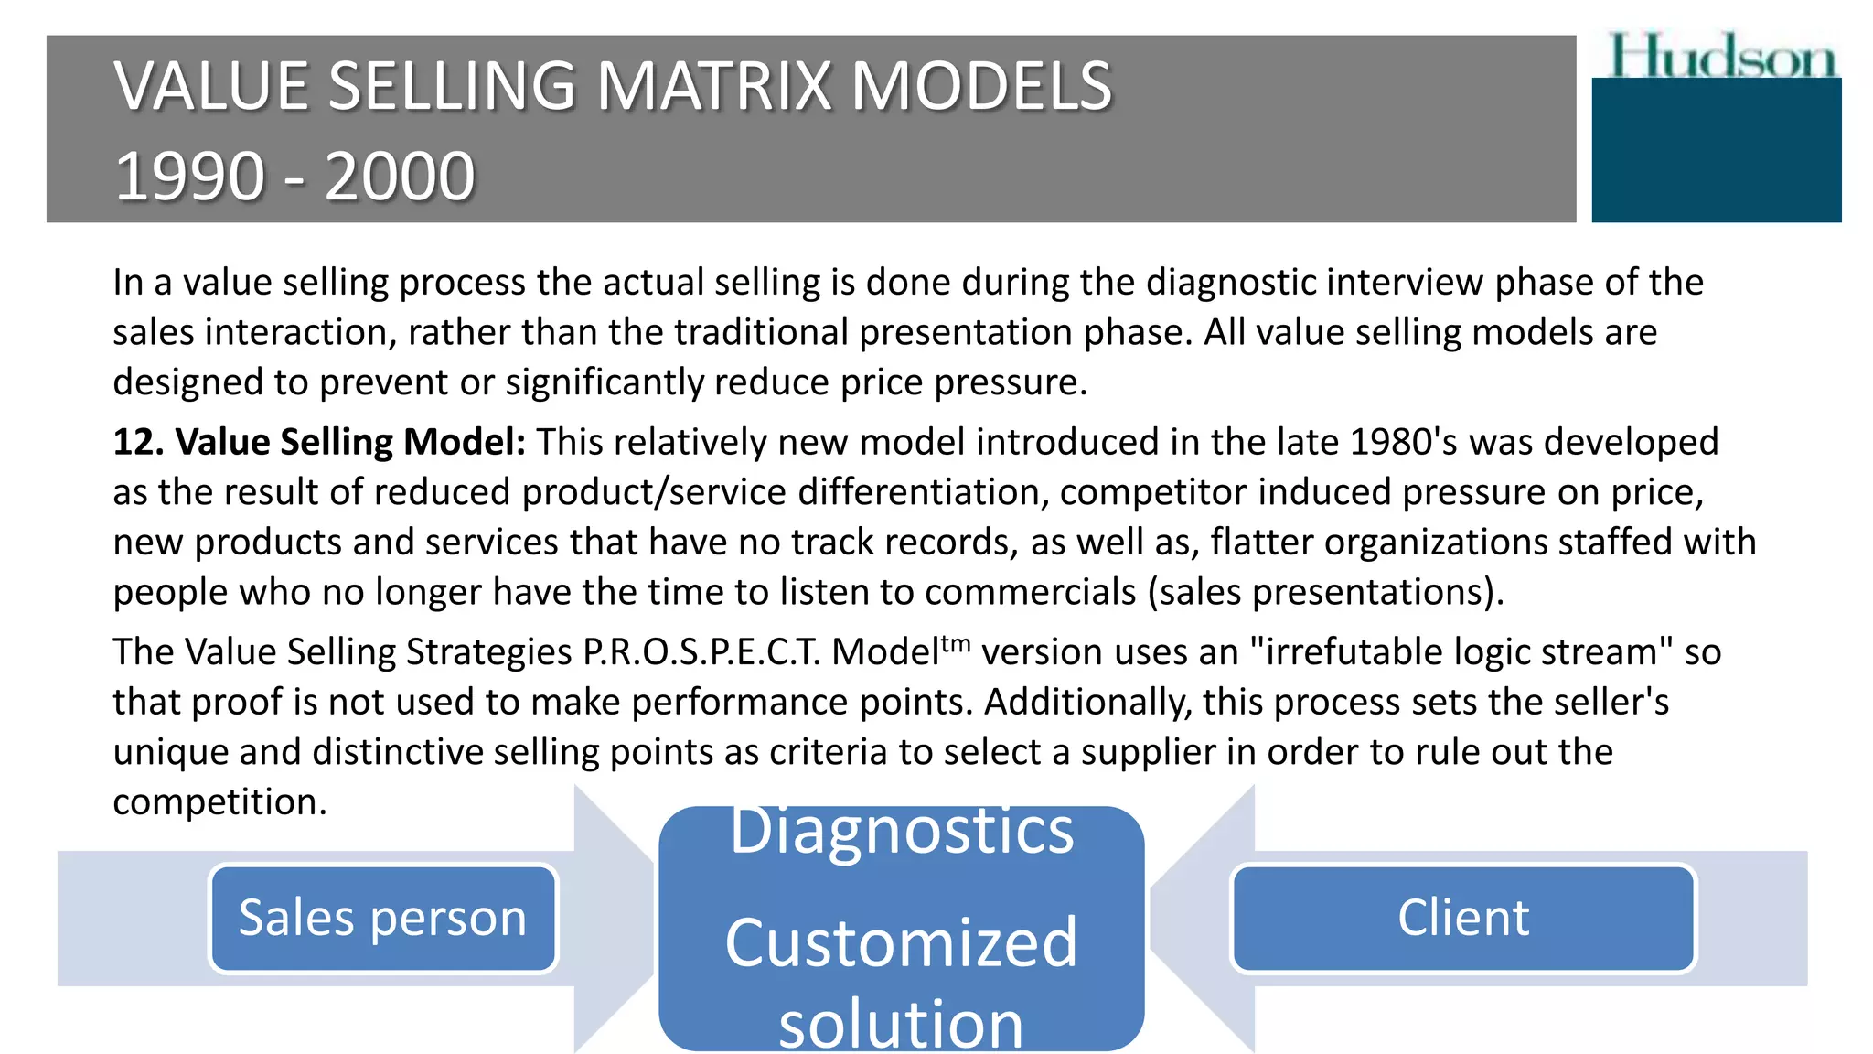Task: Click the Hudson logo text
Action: pos(1721,57)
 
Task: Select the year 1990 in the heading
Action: pos(190,177)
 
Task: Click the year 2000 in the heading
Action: pos(400,177)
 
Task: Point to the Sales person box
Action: pos(383,918)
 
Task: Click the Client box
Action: pos(1463,918)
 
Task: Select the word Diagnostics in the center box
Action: pos(902,833)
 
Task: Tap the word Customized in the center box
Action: pos(902,943)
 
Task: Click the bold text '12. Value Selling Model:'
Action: pos(319,442)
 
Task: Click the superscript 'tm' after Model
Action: pos(956,642)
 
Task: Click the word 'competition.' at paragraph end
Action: pos(219,802)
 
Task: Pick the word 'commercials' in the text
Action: pos(1030,592)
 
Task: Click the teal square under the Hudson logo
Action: pos(1717,151)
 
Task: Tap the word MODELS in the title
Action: pos(981,87)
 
